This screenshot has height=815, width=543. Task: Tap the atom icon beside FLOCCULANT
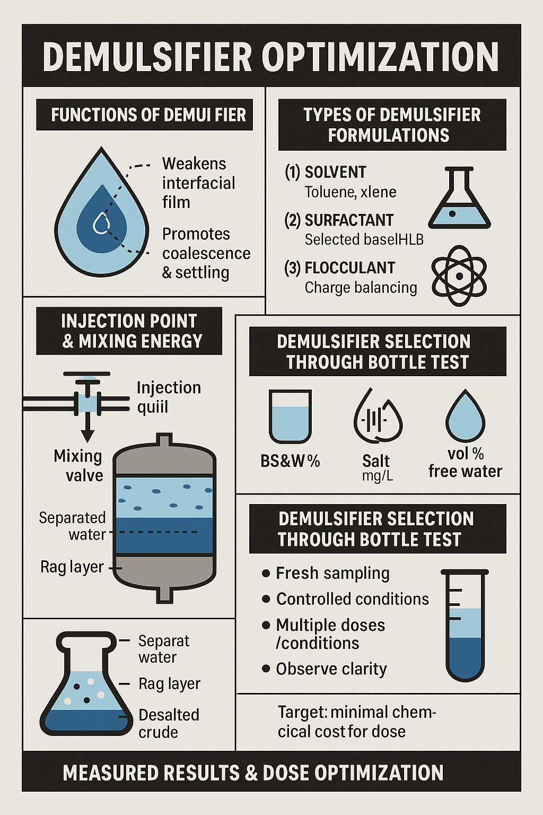[x=459, y=275]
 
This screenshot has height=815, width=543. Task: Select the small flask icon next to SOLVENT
[x=459, y=197]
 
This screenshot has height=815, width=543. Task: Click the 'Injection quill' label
[x=169, y=397]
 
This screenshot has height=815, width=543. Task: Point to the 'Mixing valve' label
[x=78, y=465]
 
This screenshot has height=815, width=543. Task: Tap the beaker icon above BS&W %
[x=290, y=416]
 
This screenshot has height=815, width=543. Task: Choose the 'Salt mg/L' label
[x=376, y=468]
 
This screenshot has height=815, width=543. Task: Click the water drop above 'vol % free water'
[x=466, y=415]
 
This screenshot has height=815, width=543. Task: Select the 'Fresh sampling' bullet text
[x=332, y=573]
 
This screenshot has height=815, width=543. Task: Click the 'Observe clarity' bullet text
[x=331, y=669]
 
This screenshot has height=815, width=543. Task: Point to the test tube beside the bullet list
[x=465, y=625]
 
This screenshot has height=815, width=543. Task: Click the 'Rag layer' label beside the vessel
[x=72, y=567]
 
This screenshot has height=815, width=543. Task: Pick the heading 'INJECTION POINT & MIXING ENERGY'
[x=129, y=331]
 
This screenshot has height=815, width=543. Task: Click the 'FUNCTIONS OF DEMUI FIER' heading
[x=144, y=115]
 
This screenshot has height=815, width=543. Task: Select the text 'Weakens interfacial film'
[x=198, y=183]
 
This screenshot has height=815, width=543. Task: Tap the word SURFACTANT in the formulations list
[x=349, y=220]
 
